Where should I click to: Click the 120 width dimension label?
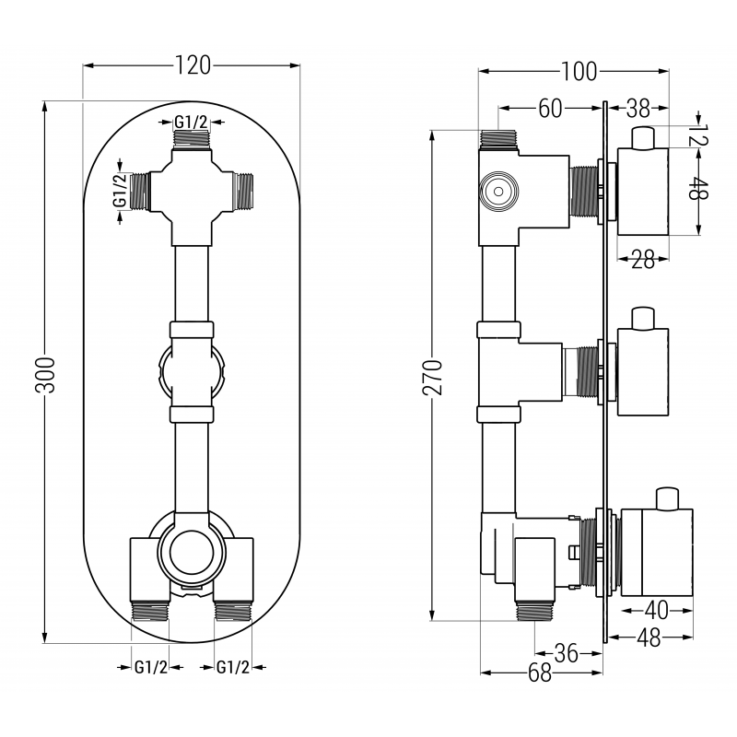(x=193, y=64)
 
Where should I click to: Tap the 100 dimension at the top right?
(x=578, y=71)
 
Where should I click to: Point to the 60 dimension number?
(x=550, y=109)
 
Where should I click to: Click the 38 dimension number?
(x=638, y=109)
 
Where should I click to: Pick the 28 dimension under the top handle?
(x=642, y=261)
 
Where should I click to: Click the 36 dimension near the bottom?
(x=567, y=653)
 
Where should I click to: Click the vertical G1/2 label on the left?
(x=118, y=191)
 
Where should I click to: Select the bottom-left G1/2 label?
(x=150, y=667)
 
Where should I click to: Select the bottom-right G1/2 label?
(x=233, y=667)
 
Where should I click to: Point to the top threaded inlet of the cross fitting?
(x=193, y=140)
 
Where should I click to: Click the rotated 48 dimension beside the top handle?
(x=705, y=192)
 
